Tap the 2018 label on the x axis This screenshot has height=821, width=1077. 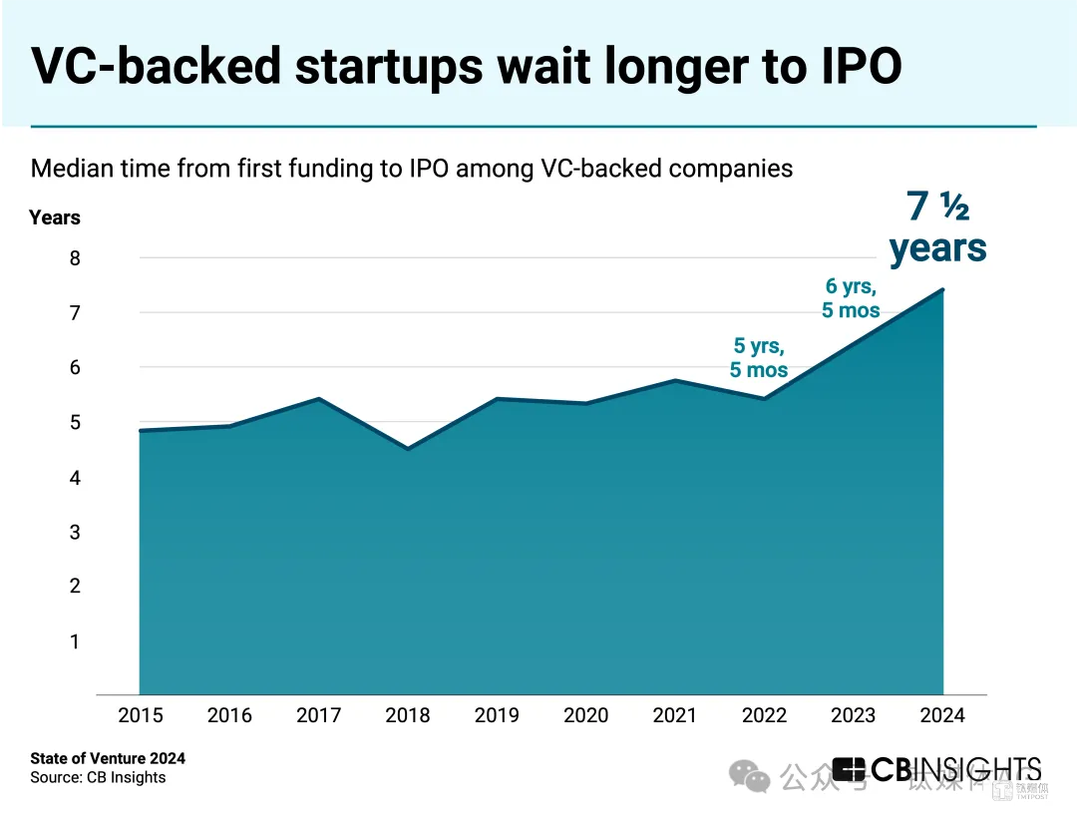[408, 715]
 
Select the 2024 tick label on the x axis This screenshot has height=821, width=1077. [943, 715]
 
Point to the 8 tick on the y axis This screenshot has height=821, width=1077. [74, 258]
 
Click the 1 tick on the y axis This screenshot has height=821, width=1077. [74, 641]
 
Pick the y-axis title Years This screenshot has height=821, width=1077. [55, 217]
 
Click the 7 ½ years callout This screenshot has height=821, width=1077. [937, 227]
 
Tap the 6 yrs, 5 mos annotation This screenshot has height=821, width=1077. [851, 298]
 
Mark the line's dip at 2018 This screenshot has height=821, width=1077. [408, 449]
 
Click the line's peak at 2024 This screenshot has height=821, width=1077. [942, 290]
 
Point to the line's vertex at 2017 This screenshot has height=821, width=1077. [318, 399]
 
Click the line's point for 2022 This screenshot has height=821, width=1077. [765, 398]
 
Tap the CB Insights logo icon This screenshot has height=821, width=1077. [849, 770]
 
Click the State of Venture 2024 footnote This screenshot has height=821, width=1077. [108, 758]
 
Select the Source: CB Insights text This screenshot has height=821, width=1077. [98, 777]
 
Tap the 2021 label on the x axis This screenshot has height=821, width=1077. [676, 715]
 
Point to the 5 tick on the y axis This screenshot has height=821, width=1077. [74, 423]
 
